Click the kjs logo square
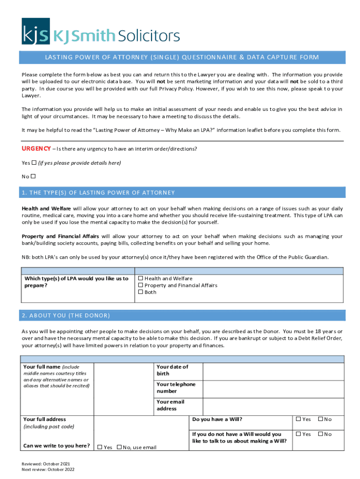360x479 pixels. [36, 31]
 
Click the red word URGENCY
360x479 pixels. [36, 149]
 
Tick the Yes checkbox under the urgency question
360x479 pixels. [34, 163]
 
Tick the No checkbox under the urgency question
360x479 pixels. [33, 176]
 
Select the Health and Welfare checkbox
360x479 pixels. [140, 278]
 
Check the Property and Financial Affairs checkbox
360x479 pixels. [140, 285]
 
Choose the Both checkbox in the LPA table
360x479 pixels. [140, 292]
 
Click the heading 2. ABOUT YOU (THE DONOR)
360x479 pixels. [66, 315]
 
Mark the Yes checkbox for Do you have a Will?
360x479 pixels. [298, 420]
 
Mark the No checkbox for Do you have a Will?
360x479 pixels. [320, 420]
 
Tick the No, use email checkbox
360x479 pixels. [119, 447]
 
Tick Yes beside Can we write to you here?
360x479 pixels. [100, 447]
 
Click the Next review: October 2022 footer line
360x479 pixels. [48, 470]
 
